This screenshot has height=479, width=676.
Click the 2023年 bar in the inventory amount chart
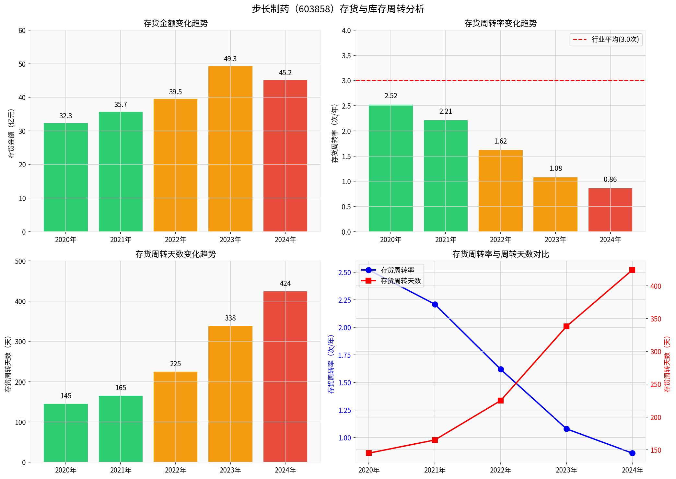click(x=230, y=149)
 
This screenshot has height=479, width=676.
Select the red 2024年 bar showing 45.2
click(x=285, y=156)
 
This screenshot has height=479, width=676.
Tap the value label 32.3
click(x=65, y=116)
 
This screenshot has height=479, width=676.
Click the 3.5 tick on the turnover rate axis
click(x=346, y=56)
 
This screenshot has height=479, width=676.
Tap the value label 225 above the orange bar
click(x=175, y=364)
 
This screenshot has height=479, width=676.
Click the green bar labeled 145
click(x=66, y=433)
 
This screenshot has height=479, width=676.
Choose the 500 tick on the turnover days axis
click(x=20, y=261)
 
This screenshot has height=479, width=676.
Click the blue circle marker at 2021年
click(x=435, y=304)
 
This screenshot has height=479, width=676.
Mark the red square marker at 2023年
click(x=566, y=326)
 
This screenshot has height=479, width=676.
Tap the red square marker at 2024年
click(x=632, y=270)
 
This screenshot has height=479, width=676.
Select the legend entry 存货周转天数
click(x=401, y=281)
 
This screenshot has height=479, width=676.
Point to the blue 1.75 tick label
click(x=344, y=355)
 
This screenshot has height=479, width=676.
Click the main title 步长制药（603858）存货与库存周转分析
click(x=338, y=9)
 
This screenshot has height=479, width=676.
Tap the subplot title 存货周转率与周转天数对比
click(x=500, y=254)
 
